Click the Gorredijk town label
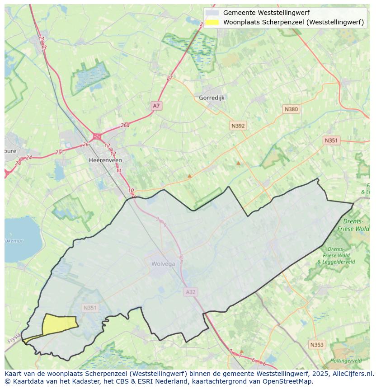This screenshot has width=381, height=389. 212,98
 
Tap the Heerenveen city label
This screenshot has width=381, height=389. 105,160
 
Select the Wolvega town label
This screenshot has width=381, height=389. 163,264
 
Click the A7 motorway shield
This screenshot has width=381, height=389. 156,106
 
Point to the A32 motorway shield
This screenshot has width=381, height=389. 191,292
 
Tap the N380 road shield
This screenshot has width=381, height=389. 291,109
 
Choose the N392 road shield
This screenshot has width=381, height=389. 238,126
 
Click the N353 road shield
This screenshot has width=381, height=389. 317,345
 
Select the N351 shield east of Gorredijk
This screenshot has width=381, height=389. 331,141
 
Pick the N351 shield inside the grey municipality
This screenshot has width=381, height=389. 90,308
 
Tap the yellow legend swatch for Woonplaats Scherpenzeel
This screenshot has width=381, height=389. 212,22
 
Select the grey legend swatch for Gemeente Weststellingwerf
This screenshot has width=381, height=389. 212,13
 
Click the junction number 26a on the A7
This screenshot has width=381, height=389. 125,125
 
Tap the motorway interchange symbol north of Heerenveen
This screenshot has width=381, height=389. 97,136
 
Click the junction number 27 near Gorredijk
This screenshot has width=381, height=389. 169,78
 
